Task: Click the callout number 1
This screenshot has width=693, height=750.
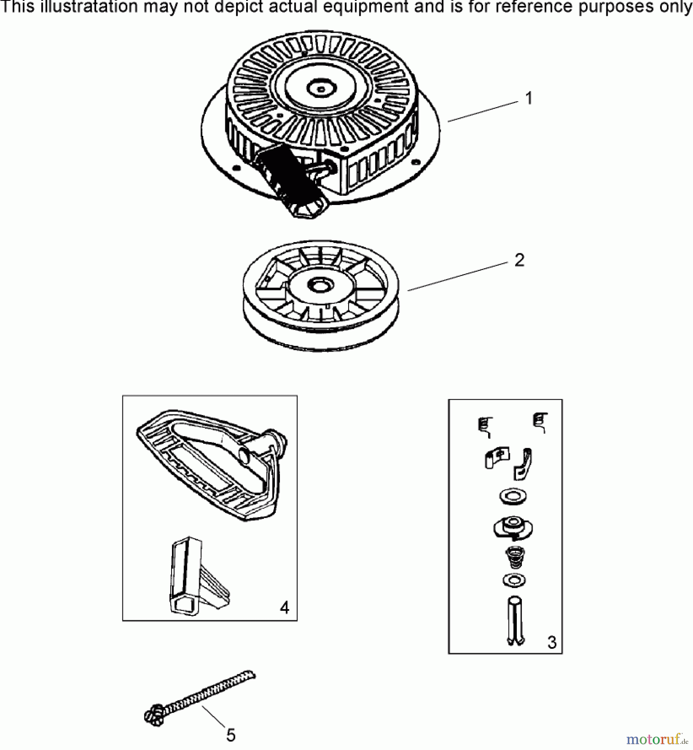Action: coord(529,99)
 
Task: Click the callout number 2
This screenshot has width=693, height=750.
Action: coord(519,260)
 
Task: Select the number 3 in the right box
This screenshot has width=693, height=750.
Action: coord(552,642)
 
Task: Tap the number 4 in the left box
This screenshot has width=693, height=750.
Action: coord(284,608)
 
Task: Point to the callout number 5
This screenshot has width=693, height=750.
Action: coord(231,735)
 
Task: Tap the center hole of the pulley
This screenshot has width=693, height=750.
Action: coord(320,286)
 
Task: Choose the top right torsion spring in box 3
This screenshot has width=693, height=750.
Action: coord(541,422)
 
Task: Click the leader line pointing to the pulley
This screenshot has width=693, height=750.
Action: coord(458,276)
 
